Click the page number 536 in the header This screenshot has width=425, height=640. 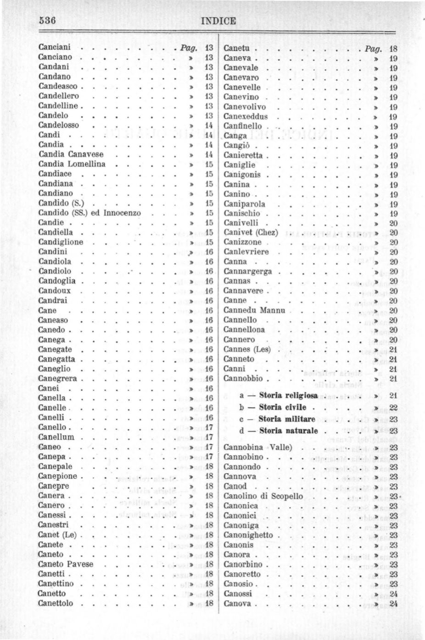coord(47,21)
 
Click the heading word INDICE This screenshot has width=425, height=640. coord(218,21)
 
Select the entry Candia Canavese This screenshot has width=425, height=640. coord(71,154)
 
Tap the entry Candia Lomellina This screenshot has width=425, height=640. coord(72,164)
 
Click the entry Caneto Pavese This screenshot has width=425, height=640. coord(66,564)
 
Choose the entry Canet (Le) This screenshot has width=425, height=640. coord(57,535)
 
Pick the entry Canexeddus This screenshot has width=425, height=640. coord(246,116)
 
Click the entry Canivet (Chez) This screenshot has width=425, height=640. coord(251,232)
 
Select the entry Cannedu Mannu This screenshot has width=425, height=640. coord(254,310)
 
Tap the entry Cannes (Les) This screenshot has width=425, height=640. coord(247,350)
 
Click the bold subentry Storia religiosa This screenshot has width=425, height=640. coord(288,395)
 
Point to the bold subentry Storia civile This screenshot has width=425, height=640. coord(282,407)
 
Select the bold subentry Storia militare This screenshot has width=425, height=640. coord(287,419)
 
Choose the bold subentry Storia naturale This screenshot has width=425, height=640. coord(288,431)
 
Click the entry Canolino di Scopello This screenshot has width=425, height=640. coord(263,496)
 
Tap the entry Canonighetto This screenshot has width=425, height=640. coord(248,535)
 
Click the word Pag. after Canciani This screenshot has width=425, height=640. coord(189,48)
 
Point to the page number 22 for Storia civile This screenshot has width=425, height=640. coord(393,408)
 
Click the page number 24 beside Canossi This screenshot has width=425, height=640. coord(393,594)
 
